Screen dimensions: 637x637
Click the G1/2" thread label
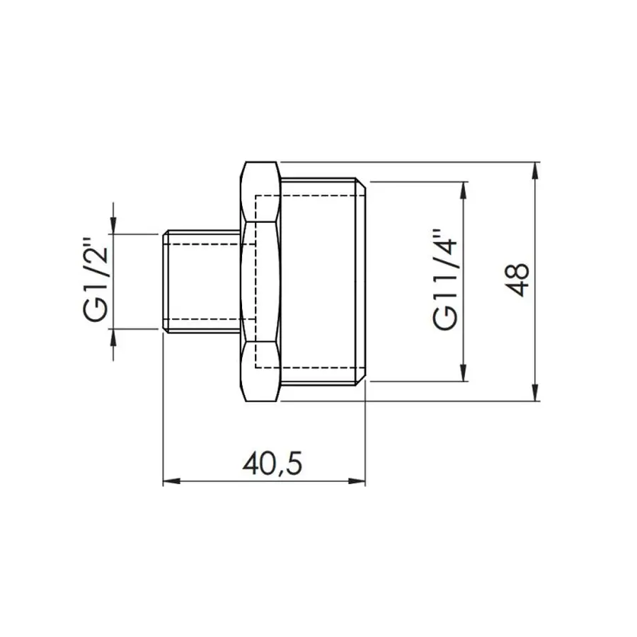[97, 282]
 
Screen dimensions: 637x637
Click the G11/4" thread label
[446, 280]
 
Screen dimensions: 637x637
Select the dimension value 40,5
[272, 464]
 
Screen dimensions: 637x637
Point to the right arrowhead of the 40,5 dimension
[360, 482]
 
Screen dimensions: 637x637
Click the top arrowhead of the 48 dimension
[535, 168]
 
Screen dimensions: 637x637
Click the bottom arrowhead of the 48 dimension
[535, 395]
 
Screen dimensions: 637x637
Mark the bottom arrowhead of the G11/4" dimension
[464, 375]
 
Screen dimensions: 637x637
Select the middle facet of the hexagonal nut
[260, 282]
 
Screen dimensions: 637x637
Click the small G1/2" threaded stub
[202, 282]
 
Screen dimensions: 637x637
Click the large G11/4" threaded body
[322, 282]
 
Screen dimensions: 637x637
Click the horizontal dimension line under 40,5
[212, 482]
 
